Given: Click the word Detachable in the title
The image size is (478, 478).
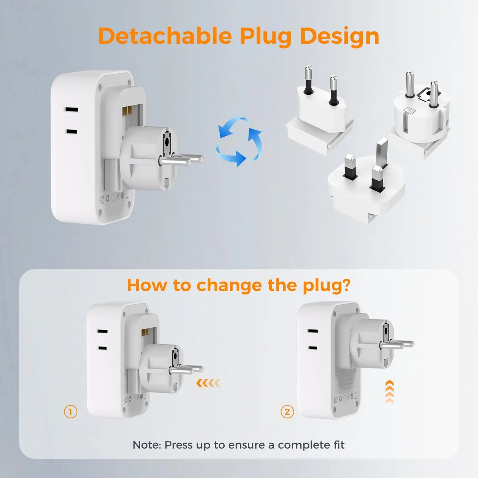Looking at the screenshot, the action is (x=165, y=36).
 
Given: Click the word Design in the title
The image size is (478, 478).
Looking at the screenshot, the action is (x=339, y=37).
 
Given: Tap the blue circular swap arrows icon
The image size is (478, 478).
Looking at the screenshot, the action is (x=239, y=142).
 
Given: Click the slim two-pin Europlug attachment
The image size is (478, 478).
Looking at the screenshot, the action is (x=320, y=112).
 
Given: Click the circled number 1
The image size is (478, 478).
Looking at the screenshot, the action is (x=71, y=412).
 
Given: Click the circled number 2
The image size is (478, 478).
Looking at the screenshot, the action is (x=287, y=412).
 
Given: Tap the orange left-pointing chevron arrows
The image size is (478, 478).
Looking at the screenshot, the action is (x=208, y=383).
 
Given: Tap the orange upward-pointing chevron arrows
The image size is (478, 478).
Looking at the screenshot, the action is (x=390, y=392).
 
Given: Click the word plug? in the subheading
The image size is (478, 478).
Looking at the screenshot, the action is (x=327, y=286).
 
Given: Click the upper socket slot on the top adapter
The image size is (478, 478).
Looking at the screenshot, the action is (x=71, y=110).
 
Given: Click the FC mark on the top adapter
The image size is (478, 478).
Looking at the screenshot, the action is (x=102, y=200).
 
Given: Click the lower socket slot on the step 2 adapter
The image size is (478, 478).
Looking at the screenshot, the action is (x=313, y=348).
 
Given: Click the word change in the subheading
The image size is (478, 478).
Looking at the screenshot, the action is (x=229, y=285).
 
